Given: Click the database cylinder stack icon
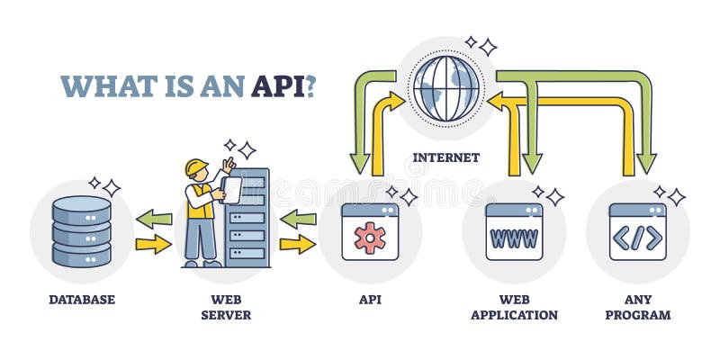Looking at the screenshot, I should (x=81, y=231).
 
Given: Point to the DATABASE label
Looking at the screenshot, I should (x=81, y=299).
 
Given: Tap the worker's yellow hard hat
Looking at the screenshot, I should (x=196, y=167).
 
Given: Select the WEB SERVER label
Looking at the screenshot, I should (x=225, y=307).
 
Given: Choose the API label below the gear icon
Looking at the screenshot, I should (x=369, y=299).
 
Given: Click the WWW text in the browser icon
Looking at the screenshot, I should (x=514, y=238).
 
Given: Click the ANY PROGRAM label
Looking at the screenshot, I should (x=637, y=307).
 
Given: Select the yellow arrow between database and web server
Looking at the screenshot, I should (x=154, y=244).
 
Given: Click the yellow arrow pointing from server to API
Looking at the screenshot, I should (x=298, y=244).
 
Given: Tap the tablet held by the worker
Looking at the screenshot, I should (x=231, y=190).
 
